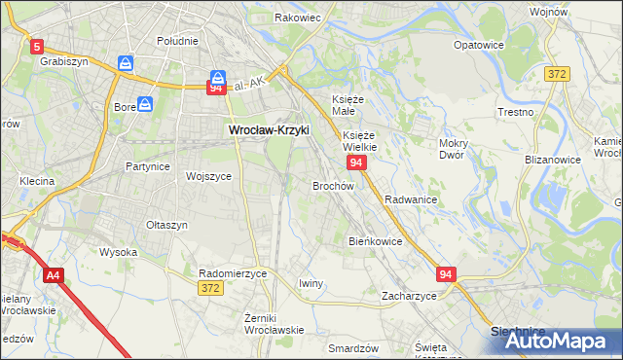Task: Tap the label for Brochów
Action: [x=333, y=186]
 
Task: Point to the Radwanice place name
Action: [x=410, y=198]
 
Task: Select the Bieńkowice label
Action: [x=376, y=240]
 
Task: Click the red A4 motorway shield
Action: [x=53, y=275]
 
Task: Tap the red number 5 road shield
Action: [x=37, y=46]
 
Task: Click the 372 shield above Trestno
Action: [x=556, y=75]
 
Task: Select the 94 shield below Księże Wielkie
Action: [x=357, y=162]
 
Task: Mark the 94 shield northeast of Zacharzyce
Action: [x=446, y=275]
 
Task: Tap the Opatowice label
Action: [x=479, y=45]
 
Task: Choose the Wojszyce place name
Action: [x=207, y=176]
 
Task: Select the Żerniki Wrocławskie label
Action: [x=275, y=323]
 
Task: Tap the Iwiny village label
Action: [x=311, y=283]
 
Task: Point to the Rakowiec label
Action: [x=297, y=18]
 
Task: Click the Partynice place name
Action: [x=148, y=166]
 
